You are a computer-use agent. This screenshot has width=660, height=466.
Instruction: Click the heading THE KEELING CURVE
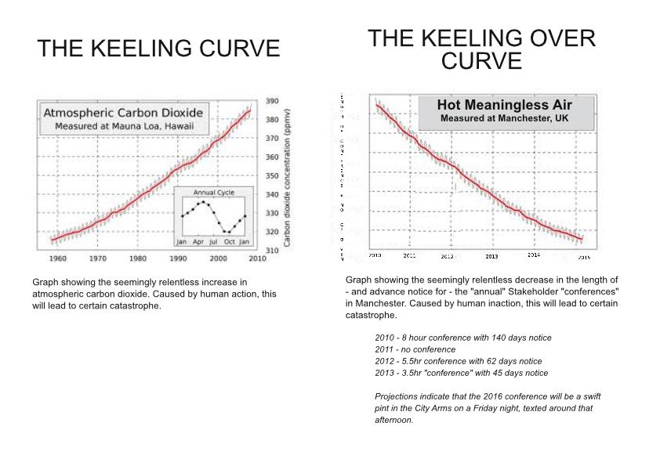[x=158, y=49]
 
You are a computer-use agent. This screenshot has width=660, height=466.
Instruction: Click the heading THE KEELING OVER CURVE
[x=481, y=49]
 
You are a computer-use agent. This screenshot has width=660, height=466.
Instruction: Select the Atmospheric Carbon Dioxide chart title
[x=123, y=113]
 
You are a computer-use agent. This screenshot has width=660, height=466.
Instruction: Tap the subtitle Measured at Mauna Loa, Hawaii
[x=123, y=126]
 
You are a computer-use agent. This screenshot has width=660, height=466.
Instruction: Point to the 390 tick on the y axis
[x=273, y=101]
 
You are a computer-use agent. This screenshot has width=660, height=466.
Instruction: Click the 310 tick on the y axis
[x=273, y=251]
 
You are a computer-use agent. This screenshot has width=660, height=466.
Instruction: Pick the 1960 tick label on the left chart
[x=57, y=258]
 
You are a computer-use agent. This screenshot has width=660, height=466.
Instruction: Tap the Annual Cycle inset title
[x=213, y=193]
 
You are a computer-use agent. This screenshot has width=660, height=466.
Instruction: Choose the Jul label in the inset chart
[x=212, y=242]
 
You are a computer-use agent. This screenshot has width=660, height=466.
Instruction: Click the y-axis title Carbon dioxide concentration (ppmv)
[x=288, y=176]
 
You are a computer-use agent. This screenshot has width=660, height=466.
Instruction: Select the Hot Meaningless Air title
[x=504, y=105]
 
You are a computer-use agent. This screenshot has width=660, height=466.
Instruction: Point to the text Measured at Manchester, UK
[x=504, y=119]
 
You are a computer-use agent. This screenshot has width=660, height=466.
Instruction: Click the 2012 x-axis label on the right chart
[x=447, y=256]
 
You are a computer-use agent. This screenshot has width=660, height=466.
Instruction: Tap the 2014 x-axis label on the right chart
[x=534, y=255]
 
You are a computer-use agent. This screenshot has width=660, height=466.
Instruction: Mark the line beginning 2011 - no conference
[x=415, y=349]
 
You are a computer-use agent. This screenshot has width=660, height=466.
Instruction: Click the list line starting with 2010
[x=463, y=338]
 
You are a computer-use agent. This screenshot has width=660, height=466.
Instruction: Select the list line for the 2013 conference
[x=462, y=373]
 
